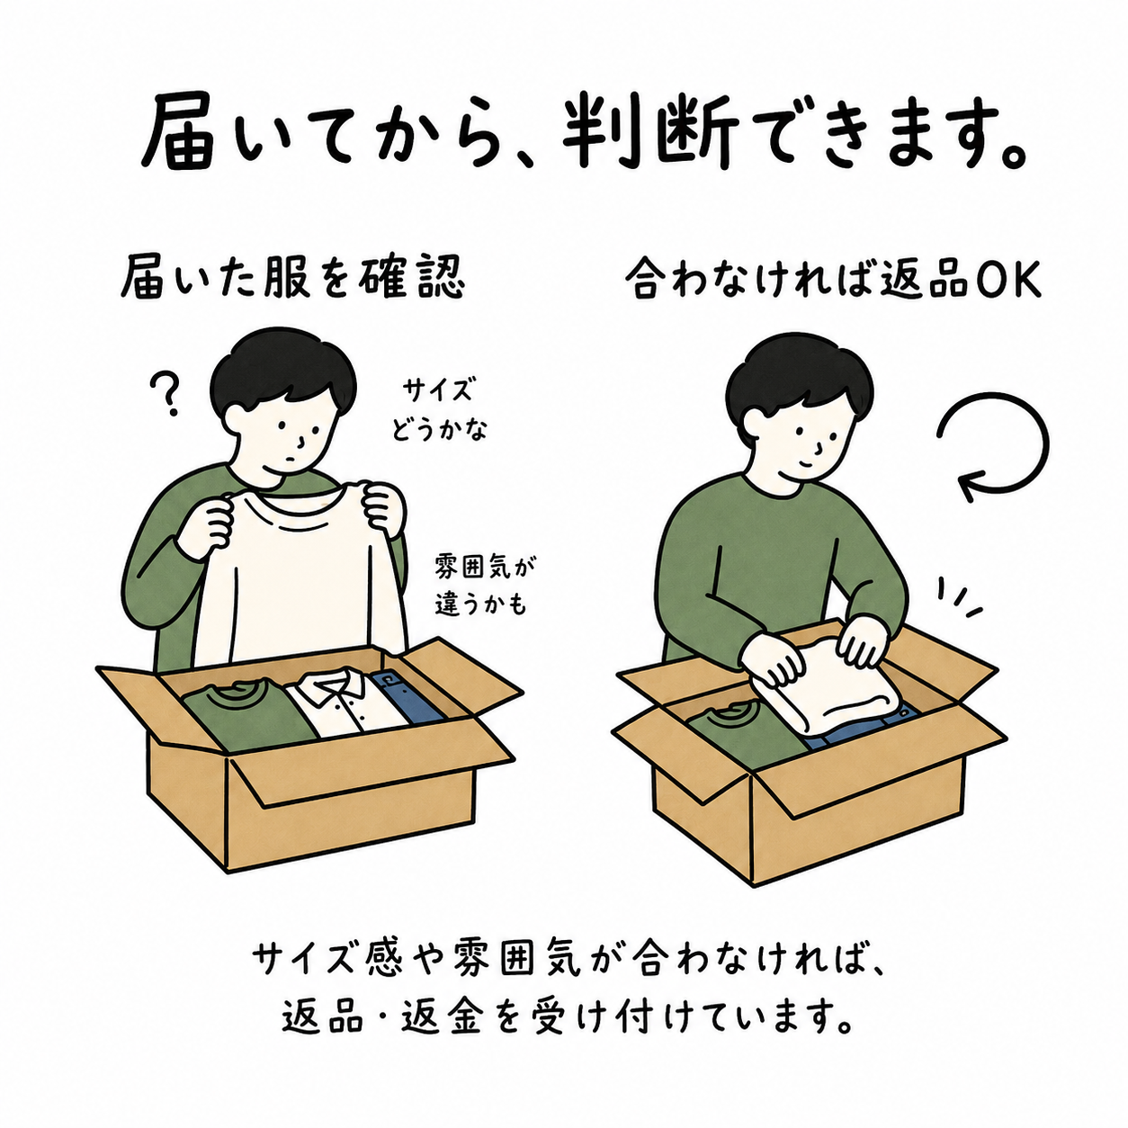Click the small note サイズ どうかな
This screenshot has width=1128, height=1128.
tap(439, 410)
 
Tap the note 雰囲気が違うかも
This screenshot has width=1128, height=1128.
tap(480, 586)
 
